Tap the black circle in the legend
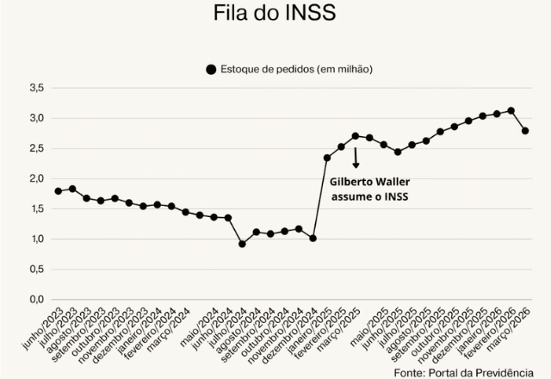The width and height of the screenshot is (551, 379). tap(211, 69)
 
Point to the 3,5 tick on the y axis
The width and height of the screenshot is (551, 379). tap(36, 88)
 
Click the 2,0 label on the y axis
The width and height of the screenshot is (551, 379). tap(36, 178)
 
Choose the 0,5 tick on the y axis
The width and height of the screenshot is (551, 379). tap(36, 269)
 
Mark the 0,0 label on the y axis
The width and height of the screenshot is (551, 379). tap(36, 299)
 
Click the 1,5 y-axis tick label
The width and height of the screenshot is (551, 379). tap(36, 208)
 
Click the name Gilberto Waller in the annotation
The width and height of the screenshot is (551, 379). tap(371, 182)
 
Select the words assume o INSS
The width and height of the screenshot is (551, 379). tap(371, 197)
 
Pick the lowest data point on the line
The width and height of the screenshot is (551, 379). tap(242, 244)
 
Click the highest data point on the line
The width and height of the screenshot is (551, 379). tap(511, 110)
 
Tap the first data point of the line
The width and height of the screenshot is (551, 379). tap(59, 191)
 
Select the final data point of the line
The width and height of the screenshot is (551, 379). tap(525, 131)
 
